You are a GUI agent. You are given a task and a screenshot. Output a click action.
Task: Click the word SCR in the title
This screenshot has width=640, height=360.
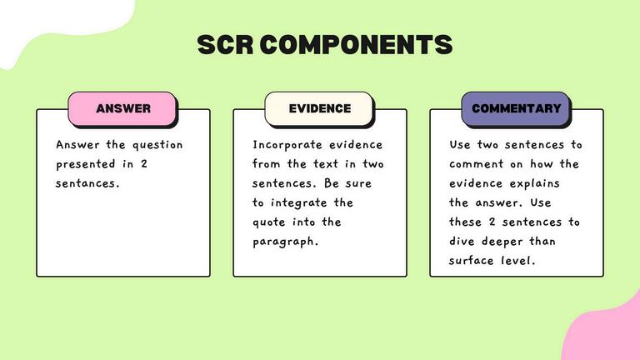tap(225, 44)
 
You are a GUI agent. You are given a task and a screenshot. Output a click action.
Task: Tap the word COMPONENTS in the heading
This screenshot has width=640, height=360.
tap(357, 44)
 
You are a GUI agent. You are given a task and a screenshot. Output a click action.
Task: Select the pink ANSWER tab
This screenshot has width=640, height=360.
tap(122, 108)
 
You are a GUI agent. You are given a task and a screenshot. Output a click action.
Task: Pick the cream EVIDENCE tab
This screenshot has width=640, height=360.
tap(320, 108)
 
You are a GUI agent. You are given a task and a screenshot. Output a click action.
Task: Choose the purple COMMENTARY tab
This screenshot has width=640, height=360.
tap(517, 108)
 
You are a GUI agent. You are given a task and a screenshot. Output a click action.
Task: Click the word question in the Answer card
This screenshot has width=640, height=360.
tap(157, 145)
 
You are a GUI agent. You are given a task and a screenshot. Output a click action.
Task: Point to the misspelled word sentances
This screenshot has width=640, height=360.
tap(87, 183)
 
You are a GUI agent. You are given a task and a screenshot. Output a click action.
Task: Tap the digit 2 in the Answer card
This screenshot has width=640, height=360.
tap(143, 164)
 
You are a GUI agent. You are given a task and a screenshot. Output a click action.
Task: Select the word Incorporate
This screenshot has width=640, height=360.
tap(287, 145)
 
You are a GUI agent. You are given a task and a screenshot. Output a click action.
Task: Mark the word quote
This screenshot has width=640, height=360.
tap(268, 222)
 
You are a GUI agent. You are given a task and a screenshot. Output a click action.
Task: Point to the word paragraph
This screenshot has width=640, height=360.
tap(285, 242)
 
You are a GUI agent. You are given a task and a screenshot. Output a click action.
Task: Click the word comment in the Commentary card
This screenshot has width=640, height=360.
tap(477, 164)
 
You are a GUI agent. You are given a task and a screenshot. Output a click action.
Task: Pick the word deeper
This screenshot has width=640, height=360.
tap(502, 242)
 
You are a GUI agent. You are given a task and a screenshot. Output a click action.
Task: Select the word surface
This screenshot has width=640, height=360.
tap(471, 261)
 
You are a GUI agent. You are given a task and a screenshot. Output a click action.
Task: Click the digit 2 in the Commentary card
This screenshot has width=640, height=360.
tap(492, 222)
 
